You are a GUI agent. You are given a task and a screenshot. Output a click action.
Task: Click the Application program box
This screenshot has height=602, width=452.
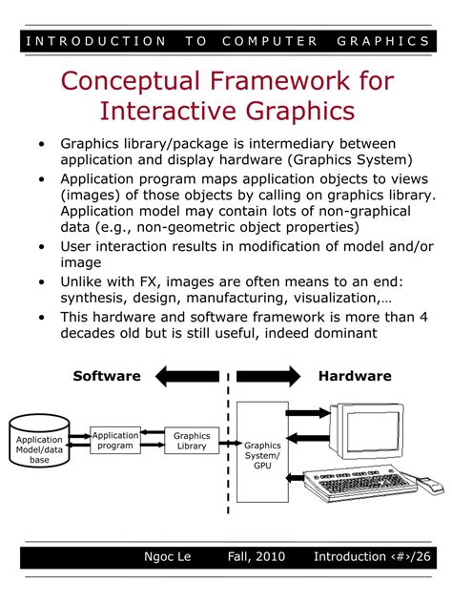115,441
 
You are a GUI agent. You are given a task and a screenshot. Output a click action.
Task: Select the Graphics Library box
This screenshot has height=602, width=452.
192,441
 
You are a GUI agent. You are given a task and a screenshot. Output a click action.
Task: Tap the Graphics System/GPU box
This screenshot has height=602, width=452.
262,452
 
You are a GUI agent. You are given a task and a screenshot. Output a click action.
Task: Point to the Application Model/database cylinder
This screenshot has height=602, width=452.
39,441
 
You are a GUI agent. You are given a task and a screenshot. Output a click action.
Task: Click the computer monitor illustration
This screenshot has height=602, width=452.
366,431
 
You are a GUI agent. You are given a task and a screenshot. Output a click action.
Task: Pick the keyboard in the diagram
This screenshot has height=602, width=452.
360,483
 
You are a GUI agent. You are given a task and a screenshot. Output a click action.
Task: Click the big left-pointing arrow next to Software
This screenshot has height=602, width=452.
187,376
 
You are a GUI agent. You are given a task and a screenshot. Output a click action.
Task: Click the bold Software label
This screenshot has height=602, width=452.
107,376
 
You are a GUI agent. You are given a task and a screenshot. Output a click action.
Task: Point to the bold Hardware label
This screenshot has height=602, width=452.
355,376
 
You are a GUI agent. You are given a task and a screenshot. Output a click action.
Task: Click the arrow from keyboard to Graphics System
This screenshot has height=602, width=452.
295,478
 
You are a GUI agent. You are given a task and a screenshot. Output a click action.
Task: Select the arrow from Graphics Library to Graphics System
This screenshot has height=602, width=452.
228,444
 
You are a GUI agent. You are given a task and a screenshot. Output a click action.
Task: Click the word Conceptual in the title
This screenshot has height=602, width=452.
130,82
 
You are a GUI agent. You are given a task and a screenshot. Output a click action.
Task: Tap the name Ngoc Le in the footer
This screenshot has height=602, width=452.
167,556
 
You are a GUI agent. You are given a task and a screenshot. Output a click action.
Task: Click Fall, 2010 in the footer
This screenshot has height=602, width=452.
257,556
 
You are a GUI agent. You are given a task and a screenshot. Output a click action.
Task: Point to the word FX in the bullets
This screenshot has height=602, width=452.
148,281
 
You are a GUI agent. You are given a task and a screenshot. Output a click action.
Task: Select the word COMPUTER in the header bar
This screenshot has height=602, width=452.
270,41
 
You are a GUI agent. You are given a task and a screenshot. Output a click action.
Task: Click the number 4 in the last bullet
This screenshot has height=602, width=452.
423,317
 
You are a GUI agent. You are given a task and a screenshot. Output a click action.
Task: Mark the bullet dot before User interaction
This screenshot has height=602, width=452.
41,246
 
